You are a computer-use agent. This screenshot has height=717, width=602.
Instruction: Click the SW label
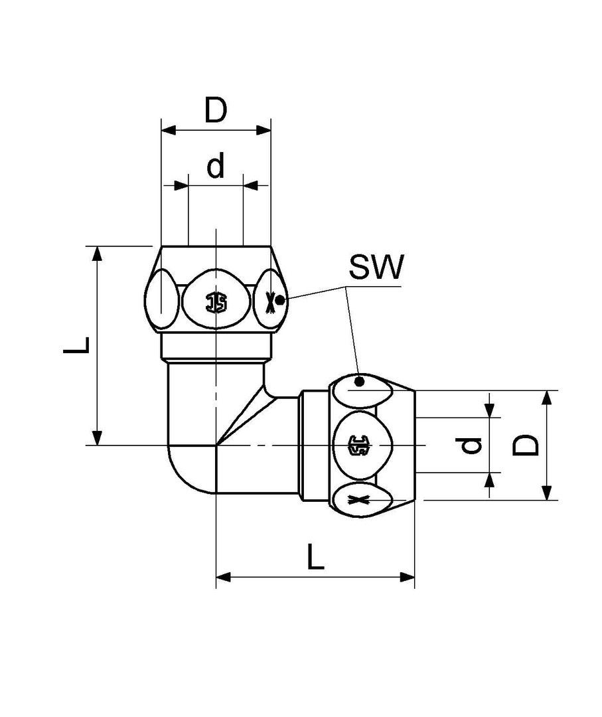(x=376, y=268)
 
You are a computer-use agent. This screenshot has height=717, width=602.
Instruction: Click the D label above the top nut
(x=216, y=111)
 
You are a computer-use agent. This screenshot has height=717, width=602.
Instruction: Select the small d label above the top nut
(x=216, y=167)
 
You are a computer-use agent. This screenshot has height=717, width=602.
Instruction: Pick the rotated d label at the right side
(x=471, y=445)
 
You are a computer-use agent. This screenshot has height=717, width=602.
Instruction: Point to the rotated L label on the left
(x=77, y=345)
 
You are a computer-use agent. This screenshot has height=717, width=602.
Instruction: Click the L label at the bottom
(x=316, y=558)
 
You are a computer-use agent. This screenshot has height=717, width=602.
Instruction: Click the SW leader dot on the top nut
(x=280, y=300)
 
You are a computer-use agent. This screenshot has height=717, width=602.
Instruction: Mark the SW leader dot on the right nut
(x=359, y=381)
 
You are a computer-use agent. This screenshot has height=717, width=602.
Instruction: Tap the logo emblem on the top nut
(x=216, y=303)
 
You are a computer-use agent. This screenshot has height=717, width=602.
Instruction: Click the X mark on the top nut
(x=269, y=303)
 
